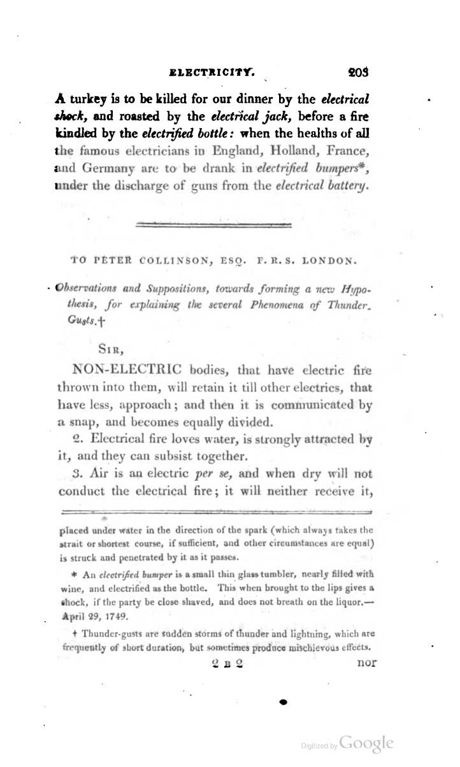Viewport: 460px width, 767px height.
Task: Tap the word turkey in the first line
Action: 90,100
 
